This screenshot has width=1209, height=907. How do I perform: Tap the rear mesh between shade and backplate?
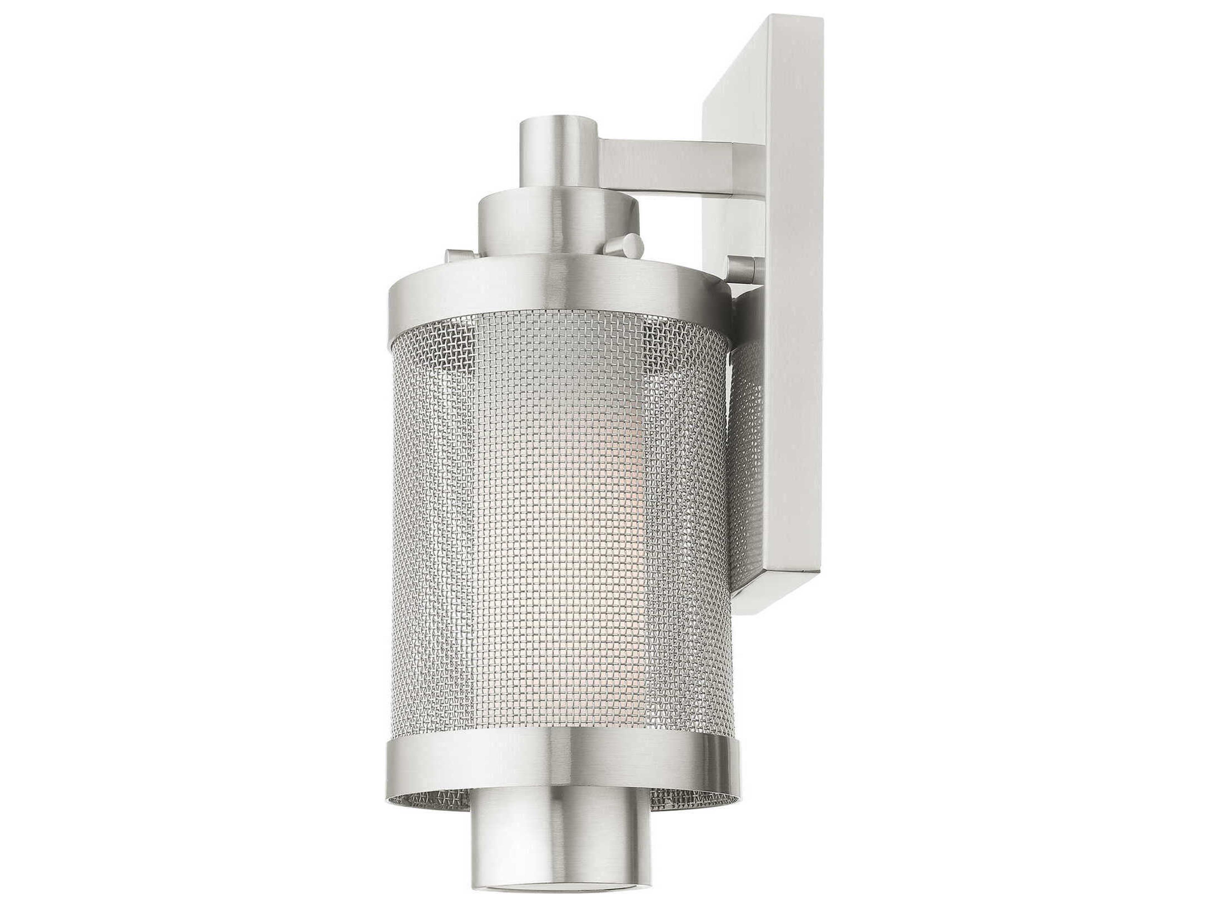pyautogui.click(x=749, y=437)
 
